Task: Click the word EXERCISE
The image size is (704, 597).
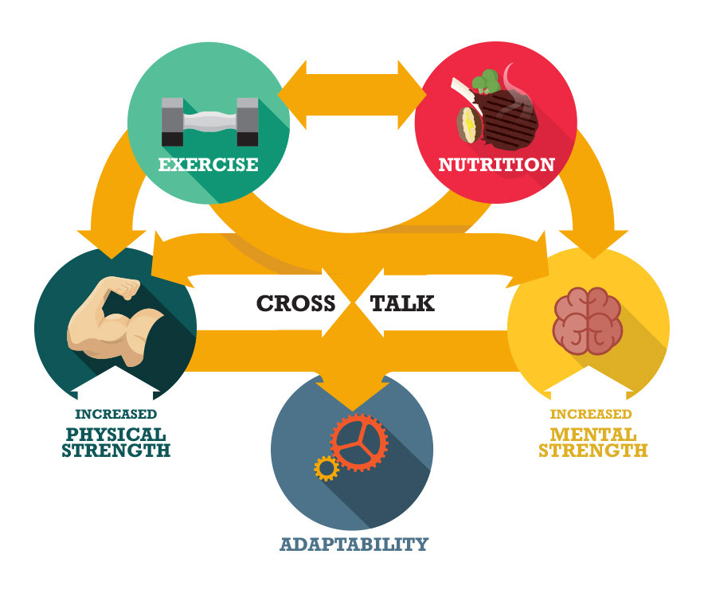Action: point(208,165)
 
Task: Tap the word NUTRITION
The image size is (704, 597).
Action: point(496,165)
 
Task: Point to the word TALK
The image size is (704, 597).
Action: point(403,303)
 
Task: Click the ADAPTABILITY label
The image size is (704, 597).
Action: point(354,544)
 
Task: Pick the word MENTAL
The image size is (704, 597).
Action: point(593,435)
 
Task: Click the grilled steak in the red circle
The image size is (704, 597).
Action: point(510,119)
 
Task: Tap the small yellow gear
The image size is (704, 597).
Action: point(326,469)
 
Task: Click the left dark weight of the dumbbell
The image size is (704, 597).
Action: point(172,121)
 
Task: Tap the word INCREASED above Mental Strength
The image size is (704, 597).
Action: point(591,414)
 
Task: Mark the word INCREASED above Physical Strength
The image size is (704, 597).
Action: point(116,414)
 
